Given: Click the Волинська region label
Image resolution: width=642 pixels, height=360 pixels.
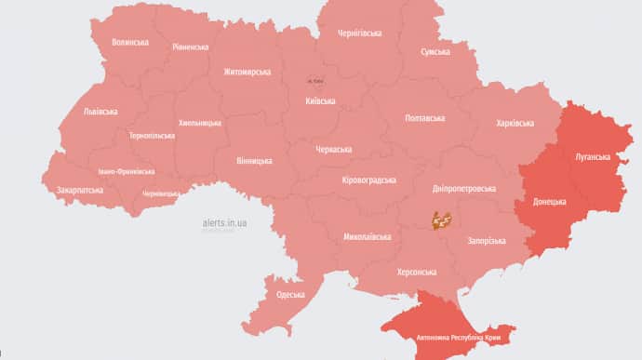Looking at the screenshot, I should click(x=130, y=42).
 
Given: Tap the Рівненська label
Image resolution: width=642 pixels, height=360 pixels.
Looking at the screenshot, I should click(x=191, y=47).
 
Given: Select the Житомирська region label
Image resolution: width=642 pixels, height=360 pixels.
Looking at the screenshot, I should click(x=247, y=72).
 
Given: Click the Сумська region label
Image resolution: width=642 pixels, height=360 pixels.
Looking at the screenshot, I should click(x=435, y=52).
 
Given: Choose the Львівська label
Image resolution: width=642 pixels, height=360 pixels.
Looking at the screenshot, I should click(x=100, y=112).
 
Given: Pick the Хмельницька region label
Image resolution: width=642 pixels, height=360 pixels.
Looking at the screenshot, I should click(x=200, y=123).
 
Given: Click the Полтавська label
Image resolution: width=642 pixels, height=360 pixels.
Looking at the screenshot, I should click(x=425, y=118).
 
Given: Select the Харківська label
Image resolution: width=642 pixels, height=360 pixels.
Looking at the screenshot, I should click(x=515, y=123).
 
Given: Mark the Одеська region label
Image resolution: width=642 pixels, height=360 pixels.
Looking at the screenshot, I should click(x=291, y=295).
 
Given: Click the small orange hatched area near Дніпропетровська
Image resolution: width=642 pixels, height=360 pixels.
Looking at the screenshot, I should click(x=441, y=220).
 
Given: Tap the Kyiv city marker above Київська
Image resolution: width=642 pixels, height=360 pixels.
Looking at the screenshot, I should click(x=315, y=80).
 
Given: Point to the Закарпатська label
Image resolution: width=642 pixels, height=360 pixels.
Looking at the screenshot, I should click(x=80, y=190).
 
